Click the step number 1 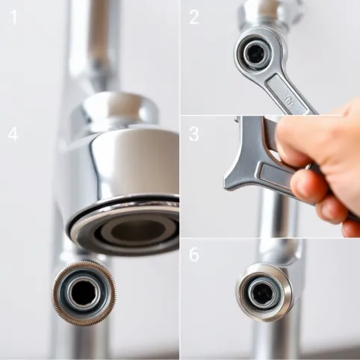tap(13, 17)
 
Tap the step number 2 tap(194, 17)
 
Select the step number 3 tap(194, 134)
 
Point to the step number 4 tap(13, 134)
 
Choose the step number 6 tap(194, 254)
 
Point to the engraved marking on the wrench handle tap(289, 99)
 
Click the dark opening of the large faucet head tap(137, 232)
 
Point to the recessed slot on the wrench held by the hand tap(276, 176)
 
